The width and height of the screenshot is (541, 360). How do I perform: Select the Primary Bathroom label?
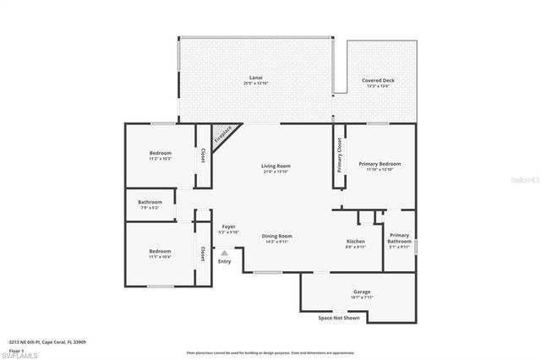(x=399, y=240)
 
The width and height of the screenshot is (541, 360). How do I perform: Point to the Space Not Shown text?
(x=338, y=319)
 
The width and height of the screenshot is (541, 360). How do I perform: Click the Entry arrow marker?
(x=224, y=252)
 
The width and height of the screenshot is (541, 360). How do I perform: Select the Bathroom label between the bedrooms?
(x=150, y=204)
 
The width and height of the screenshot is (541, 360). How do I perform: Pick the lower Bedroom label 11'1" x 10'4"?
(x=160, y=253)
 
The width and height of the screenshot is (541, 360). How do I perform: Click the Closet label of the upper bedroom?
(x=203, y=155)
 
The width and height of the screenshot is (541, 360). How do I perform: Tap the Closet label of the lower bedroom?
(x=203, y=253)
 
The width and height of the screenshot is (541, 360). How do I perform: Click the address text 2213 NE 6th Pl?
(x=48, y=342)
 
